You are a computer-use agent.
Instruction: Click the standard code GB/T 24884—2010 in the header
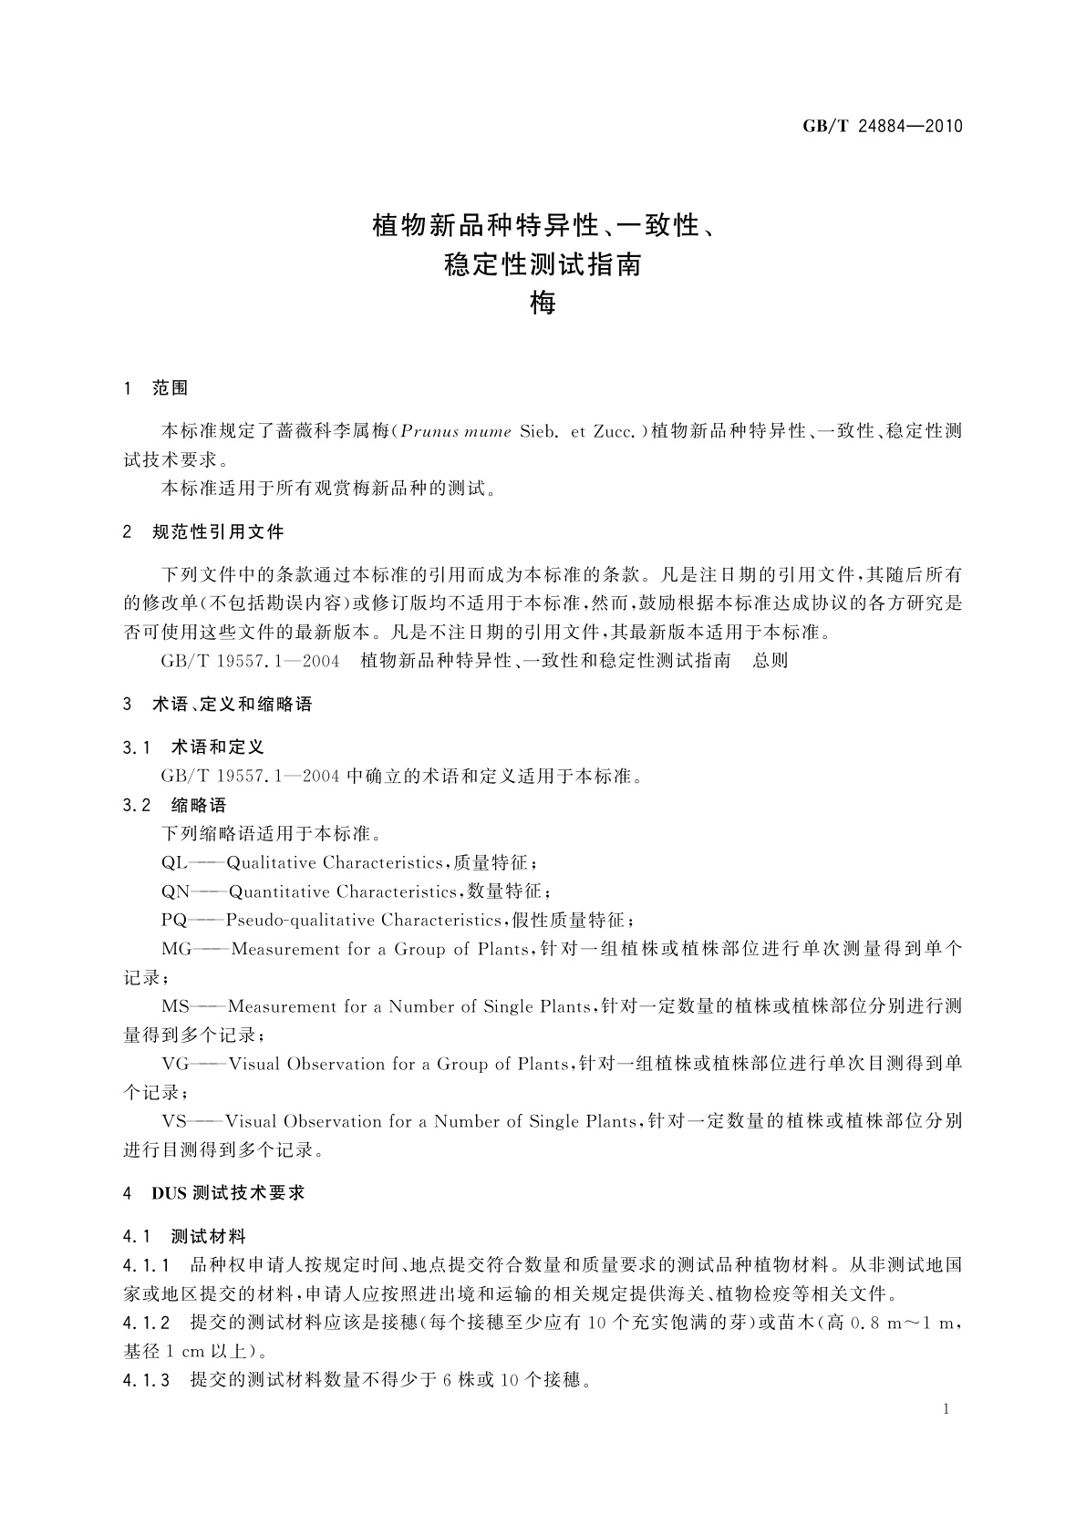coord(882,127)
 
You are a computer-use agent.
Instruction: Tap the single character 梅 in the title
coord(543,303)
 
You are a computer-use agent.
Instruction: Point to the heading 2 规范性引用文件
coord(203,531)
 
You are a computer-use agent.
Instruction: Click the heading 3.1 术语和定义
coord(193,747)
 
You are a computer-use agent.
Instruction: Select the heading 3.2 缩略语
coord(174,805)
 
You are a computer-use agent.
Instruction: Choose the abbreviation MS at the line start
coord(175,1006)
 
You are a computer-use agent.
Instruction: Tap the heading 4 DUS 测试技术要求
coord(213,1193)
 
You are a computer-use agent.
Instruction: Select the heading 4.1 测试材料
coord(184,1237)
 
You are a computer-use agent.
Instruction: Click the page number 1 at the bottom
coord(946,1409)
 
